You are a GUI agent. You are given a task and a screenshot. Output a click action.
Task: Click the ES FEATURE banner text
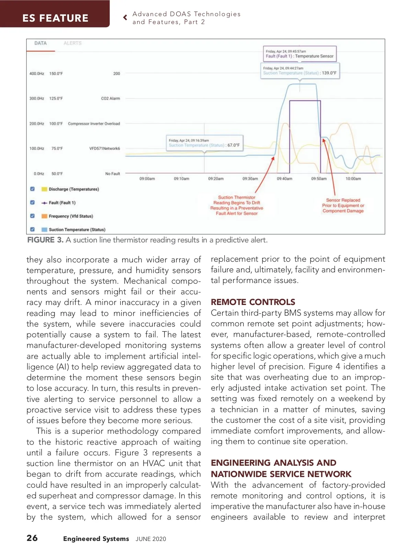[x=55, y=18]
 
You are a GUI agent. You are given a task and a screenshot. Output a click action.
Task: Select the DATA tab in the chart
[x=40, y=43]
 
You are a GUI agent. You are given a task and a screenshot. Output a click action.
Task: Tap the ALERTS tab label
[x=72, y=43]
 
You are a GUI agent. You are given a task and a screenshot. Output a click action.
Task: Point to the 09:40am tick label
[x=284, y=179]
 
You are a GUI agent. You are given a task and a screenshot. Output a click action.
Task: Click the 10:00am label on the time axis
[x=353, y=179]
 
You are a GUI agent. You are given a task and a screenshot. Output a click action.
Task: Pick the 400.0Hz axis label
[x=37, y=74]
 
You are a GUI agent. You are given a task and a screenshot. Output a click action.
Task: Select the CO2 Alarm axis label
[x=110, y=99]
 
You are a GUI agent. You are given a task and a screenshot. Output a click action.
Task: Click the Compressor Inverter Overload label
[x=94, y=124]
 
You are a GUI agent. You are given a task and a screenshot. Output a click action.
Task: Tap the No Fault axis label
[x=112, y=174]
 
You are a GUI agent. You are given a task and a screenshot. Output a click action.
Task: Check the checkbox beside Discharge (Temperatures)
[x=32, y=189]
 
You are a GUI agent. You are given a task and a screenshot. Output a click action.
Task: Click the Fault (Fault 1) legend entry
[x=62, y=203]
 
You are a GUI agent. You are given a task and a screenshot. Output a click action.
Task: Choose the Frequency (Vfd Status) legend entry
[x=71, y=216]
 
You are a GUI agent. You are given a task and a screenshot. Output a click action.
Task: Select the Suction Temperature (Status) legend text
[x=77, y=229]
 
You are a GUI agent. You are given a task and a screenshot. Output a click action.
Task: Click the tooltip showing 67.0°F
[x=204, y=143]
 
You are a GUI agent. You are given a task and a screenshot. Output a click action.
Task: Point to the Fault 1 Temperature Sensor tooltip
[x=299, y=54]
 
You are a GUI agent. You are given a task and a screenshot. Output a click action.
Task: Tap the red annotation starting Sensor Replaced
[x=343, y=205]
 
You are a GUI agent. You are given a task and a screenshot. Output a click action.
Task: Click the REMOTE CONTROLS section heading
[x=253, y=302]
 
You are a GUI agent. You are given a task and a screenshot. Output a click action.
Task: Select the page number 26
[x=32, y=538]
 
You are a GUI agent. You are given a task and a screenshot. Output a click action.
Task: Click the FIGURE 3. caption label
[x=45, y=240]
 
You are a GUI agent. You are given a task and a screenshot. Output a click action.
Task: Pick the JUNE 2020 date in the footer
[x=151, y=539]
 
